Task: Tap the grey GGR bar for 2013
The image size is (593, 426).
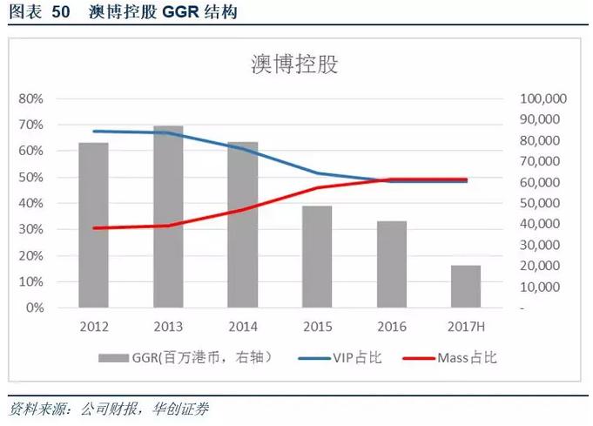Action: point(168,217)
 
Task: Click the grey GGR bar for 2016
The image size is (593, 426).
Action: point(392,265)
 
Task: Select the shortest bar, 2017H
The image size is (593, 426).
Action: point(466,287)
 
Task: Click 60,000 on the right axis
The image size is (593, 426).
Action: point(546,182)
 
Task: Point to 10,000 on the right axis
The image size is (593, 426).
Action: point(546,287)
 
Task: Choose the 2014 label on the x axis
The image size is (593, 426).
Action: point(242,326)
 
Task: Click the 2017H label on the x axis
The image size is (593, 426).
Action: point(466,326)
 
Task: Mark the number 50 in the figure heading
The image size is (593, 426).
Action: point(63,13)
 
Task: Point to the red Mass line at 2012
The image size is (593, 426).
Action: point(93,228)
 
